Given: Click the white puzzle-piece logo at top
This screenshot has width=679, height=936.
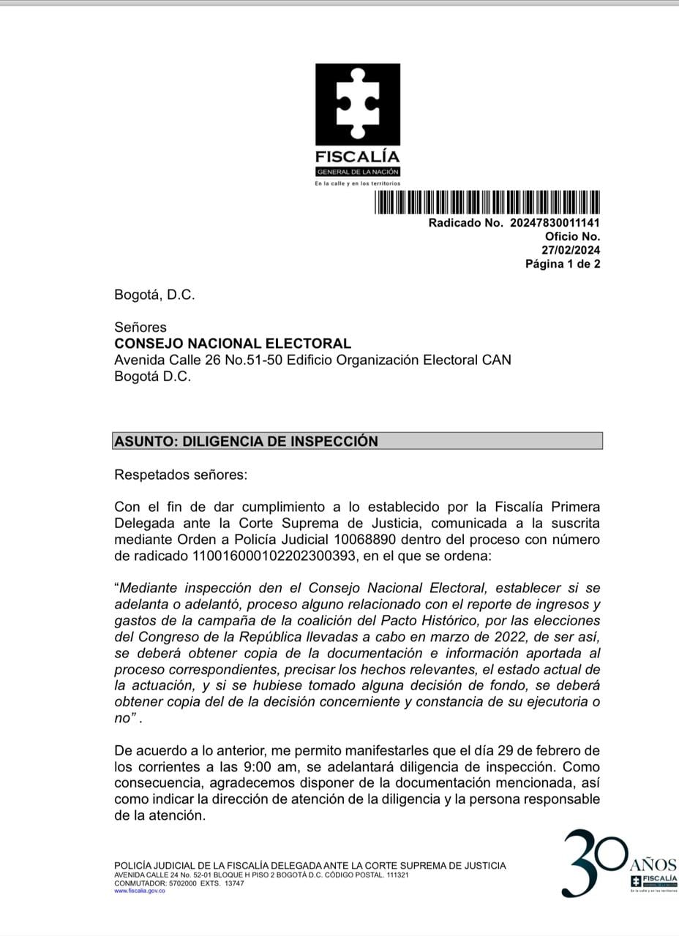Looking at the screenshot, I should [358, 103].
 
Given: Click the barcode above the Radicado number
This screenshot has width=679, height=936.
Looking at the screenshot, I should [487, 202].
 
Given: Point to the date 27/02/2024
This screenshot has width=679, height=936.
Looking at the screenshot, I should [571, 250].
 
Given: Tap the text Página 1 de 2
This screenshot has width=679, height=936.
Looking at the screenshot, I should [563, 264].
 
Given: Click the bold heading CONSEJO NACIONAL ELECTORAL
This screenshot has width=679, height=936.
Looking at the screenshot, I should [233, 344].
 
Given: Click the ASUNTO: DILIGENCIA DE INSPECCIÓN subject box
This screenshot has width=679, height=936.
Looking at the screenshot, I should [358, 441].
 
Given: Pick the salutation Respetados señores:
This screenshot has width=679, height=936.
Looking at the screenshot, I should [181, 475].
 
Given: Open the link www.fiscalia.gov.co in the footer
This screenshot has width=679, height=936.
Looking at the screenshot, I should [140, 891].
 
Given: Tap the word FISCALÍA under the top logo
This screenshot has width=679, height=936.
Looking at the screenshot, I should [357, 156].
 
